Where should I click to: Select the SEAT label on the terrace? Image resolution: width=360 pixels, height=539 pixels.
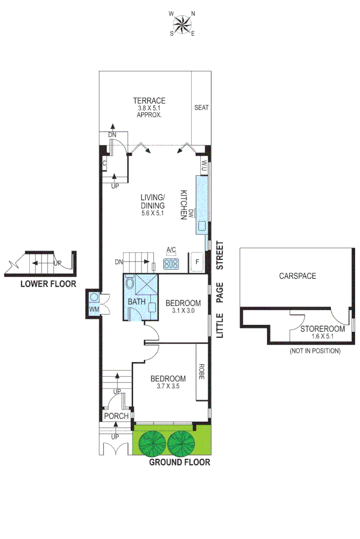[201, 108]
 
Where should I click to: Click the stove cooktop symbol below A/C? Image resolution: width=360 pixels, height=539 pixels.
[171, 263]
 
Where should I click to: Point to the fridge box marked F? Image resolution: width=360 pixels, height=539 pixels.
[197, 263]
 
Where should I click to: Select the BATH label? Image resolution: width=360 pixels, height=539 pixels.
[136, 302]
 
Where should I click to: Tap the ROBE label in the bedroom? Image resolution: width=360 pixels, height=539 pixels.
[201, 372]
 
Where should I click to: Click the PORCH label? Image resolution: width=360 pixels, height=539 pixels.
[116, 416]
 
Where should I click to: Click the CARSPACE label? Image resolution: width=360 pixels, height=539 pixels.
[297, 276]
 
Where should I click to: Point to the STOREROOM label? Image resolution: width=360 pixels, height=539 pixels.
[323, 328]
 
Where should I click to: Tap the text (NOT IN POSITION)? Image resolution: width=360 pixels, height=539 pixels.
[314, 351]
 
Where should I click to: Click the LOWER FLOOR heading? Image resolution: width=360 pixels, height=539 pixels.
[48, 284]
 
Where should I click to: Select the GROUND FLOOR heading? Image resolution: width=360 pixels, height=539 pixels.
[179, 462]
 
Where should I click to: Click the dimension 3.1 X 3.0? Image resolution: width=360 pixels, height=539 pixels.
[183, 311]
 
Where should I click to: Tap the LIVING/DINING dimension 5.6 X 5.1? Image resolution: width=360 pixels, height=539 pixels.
[152, 213]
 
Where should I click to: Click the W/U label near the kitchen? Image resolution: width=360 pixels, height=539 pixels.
[204, 165]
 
